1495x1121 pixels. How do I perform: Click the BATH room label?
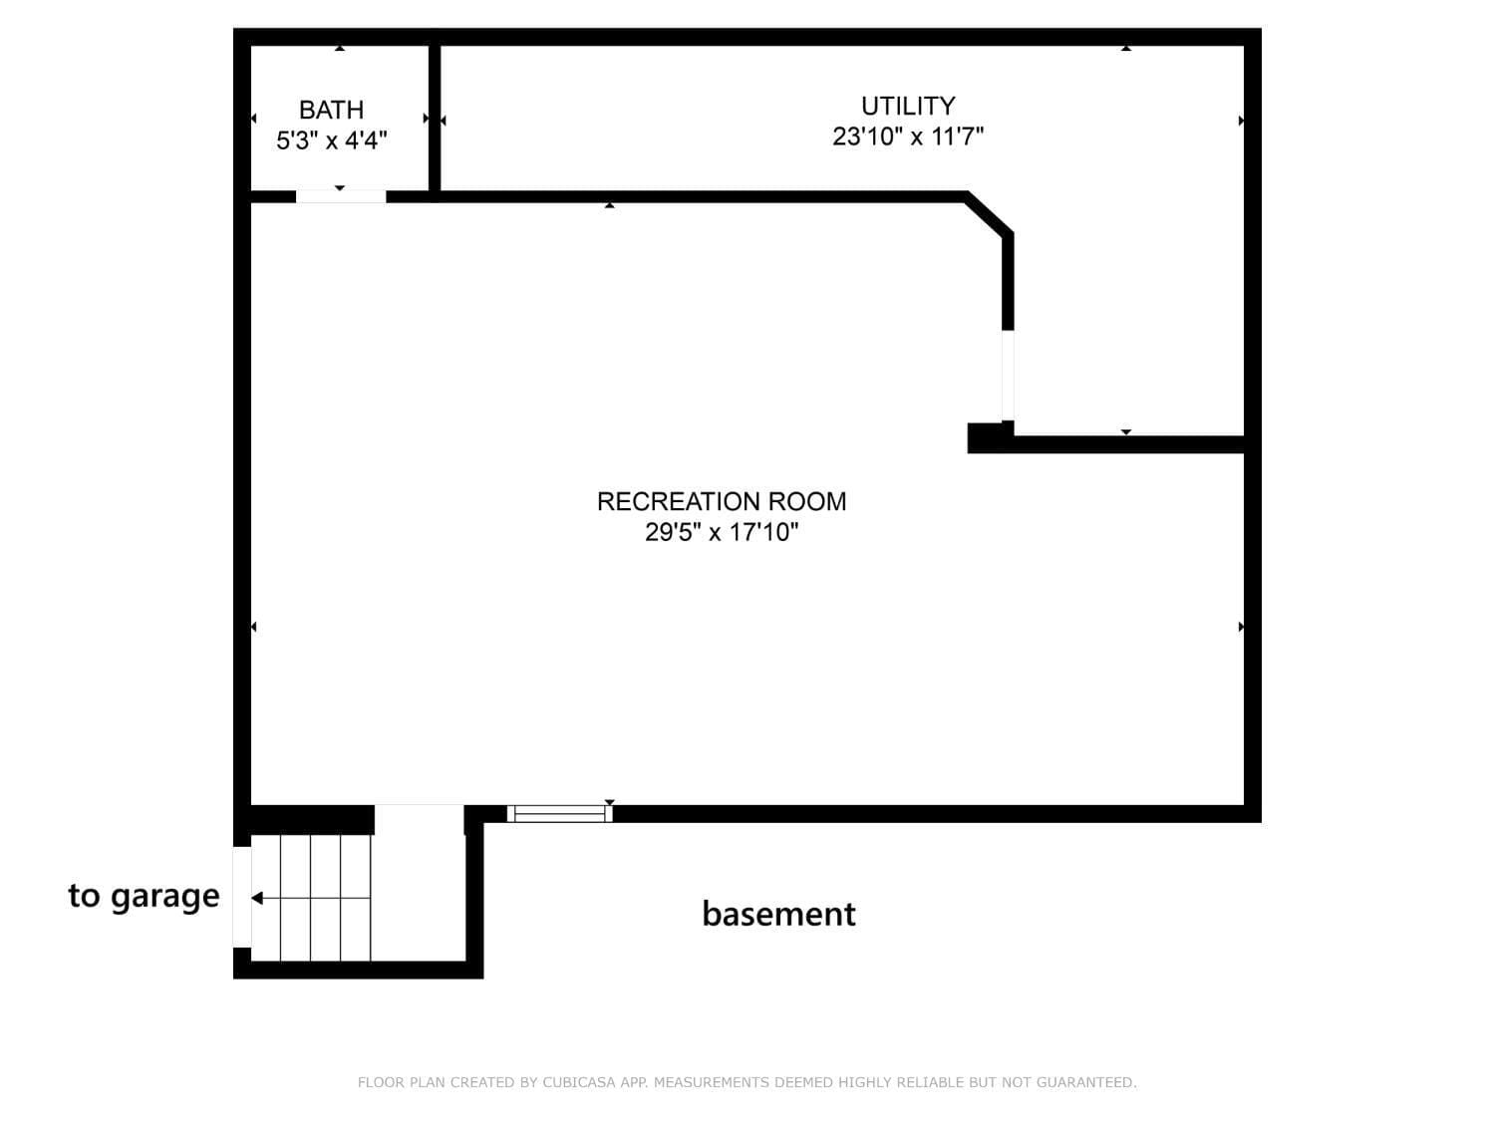click(331, 110)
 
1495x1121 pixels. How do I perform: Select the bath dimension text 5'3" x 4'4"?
click(332, 140)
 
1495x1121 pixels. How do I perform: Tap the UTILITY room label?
click(908, 107)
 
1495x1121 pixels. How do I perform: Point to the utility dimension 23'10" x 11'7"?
click(908, 137)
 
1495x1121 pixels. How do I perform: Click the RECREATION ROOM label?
click(722, 501)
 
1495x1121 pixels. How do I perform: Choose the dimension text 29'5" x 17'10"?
click(722, 532)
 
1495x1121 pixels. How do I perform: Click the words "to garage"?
click(144, 897)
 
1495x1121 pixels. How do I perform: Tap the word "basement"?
click(778, 914)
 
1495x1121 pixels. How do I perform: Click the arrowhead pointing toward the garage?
click(257, 899)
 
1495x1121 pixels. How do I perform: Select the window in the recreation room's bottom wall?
click(560, 814)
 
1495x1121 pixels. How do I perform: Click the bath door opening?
click(341, 196)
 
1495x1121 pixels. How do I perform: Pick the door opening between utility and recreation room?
click(1008, 376)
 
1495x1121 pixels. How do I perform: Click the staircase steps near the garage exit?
click(311, 898)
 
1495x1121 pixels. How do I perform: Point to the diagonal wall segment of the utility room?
click(989, 214)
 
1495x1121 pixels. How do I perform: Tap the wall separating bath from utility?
click(435, 119)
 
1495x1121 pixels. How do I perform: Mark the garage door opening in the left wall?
click(242, 897)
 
